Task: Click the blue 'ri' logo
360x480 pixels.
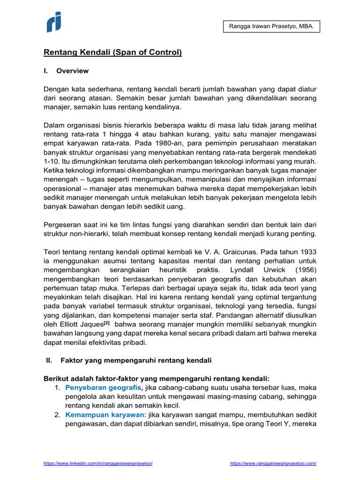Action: [x=54, y=22]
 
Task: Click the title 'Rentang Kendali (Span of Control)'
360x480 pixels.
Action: [x=112, y=52]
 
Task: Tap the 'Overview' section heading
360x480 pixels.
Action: [x=72, y=71]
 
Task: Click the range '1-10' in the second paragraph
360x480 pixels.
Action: [x=52, y=162]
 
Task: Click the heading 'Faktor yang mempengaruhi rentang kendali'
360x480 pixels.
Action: [x=136, y=360]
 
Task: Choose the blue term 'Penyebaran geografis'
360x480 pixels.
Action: [x=104, y=388]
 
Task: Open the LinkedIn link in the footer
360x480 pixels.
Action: [x=98, y=463]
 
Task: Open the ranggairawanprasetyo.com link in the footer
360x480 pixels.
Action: [x=273, y=463]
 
